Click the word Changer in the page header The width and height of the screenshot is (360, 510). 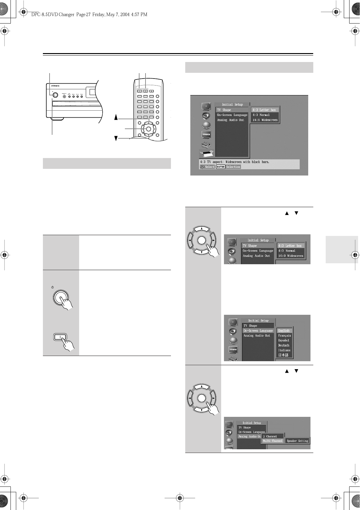pos(65,14)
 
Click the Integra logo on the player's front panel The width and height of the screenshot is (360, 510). pos(56,85)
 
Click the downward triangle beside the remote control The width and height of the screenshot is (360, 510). pos(116,138)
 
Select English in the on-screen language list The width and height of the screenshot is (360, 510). pos(284,331)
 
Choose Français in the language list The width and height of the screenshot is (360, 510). pos(284,335)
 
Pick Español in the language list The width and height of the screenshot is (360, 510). pos(284,340)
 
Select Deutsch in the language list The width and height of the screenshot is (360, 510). pos(284,345)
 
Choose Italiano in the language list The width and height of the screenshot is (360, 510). pos(284,350)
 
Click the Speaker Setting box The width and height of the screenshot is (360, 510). pos(297,441)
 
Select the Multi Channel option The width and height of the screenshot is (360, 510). pos(273,441)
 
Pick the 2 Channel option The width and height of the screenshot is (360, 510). pos(270,437)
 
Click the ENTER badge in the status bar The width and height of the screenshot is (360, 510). pos(221,167)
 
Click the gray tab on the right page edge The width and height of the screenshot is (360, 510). pos(342,250)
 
